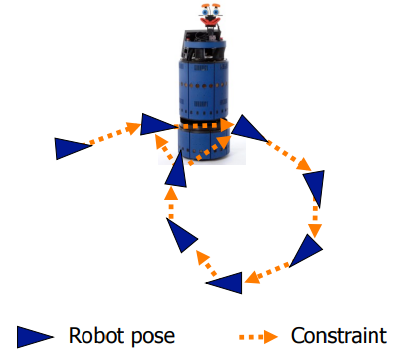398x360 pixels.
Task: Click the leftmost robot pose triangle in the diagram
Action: pyautogui.click(x=70, y=148)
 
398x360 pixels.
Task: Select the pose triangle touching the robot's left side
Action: pyautogui.click(x=157, y=125)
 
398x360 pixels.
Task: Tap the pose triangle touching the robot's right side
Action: pyautogui.click(x=247, y=127)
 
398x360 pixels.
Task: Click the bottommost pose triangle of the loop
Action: pyautogui.click(x=226, y=284)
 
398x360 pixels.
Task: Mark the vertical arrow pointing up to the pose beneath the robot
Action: pyautogui.click(x=170, y=205)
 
